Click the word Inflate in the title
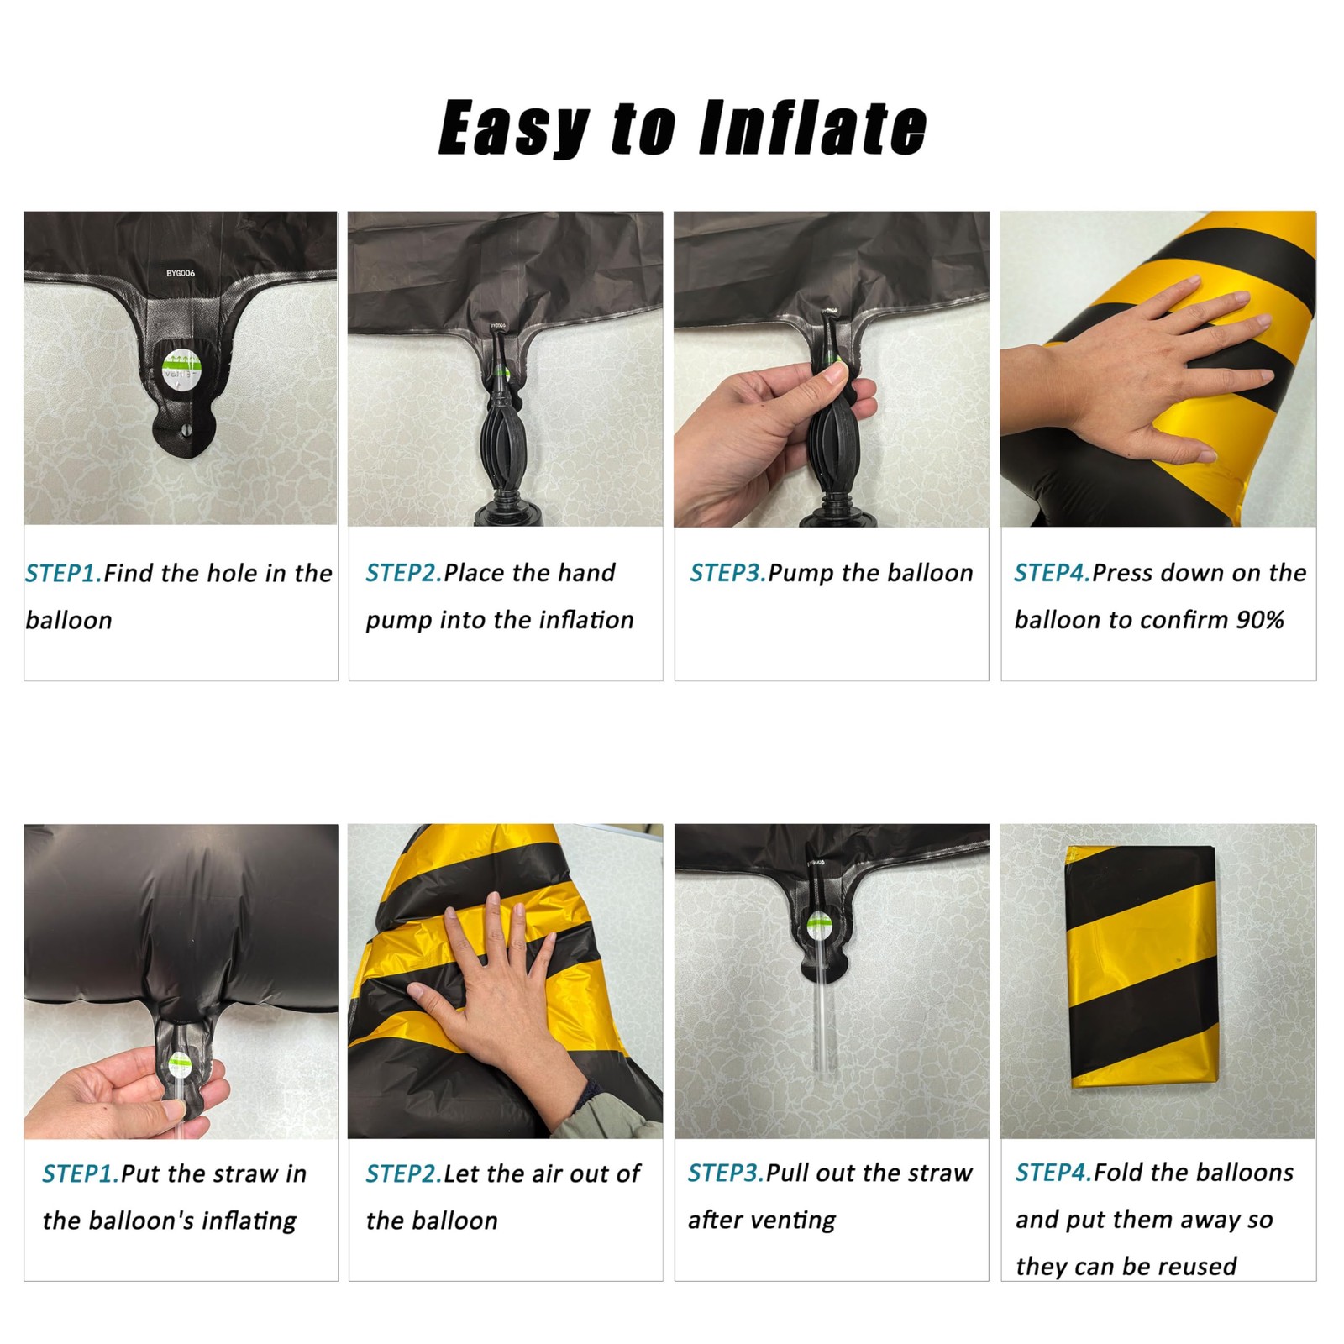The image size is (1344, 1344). [813, 128]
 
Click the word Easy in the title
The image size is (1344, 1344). [513, 128]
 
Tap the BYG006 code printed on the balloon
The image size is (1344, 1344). [181, 274]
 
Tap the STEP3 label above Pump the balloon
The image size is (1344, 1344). [727, 573]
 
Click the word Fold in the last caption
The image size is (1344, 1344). [1121, 1173]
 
